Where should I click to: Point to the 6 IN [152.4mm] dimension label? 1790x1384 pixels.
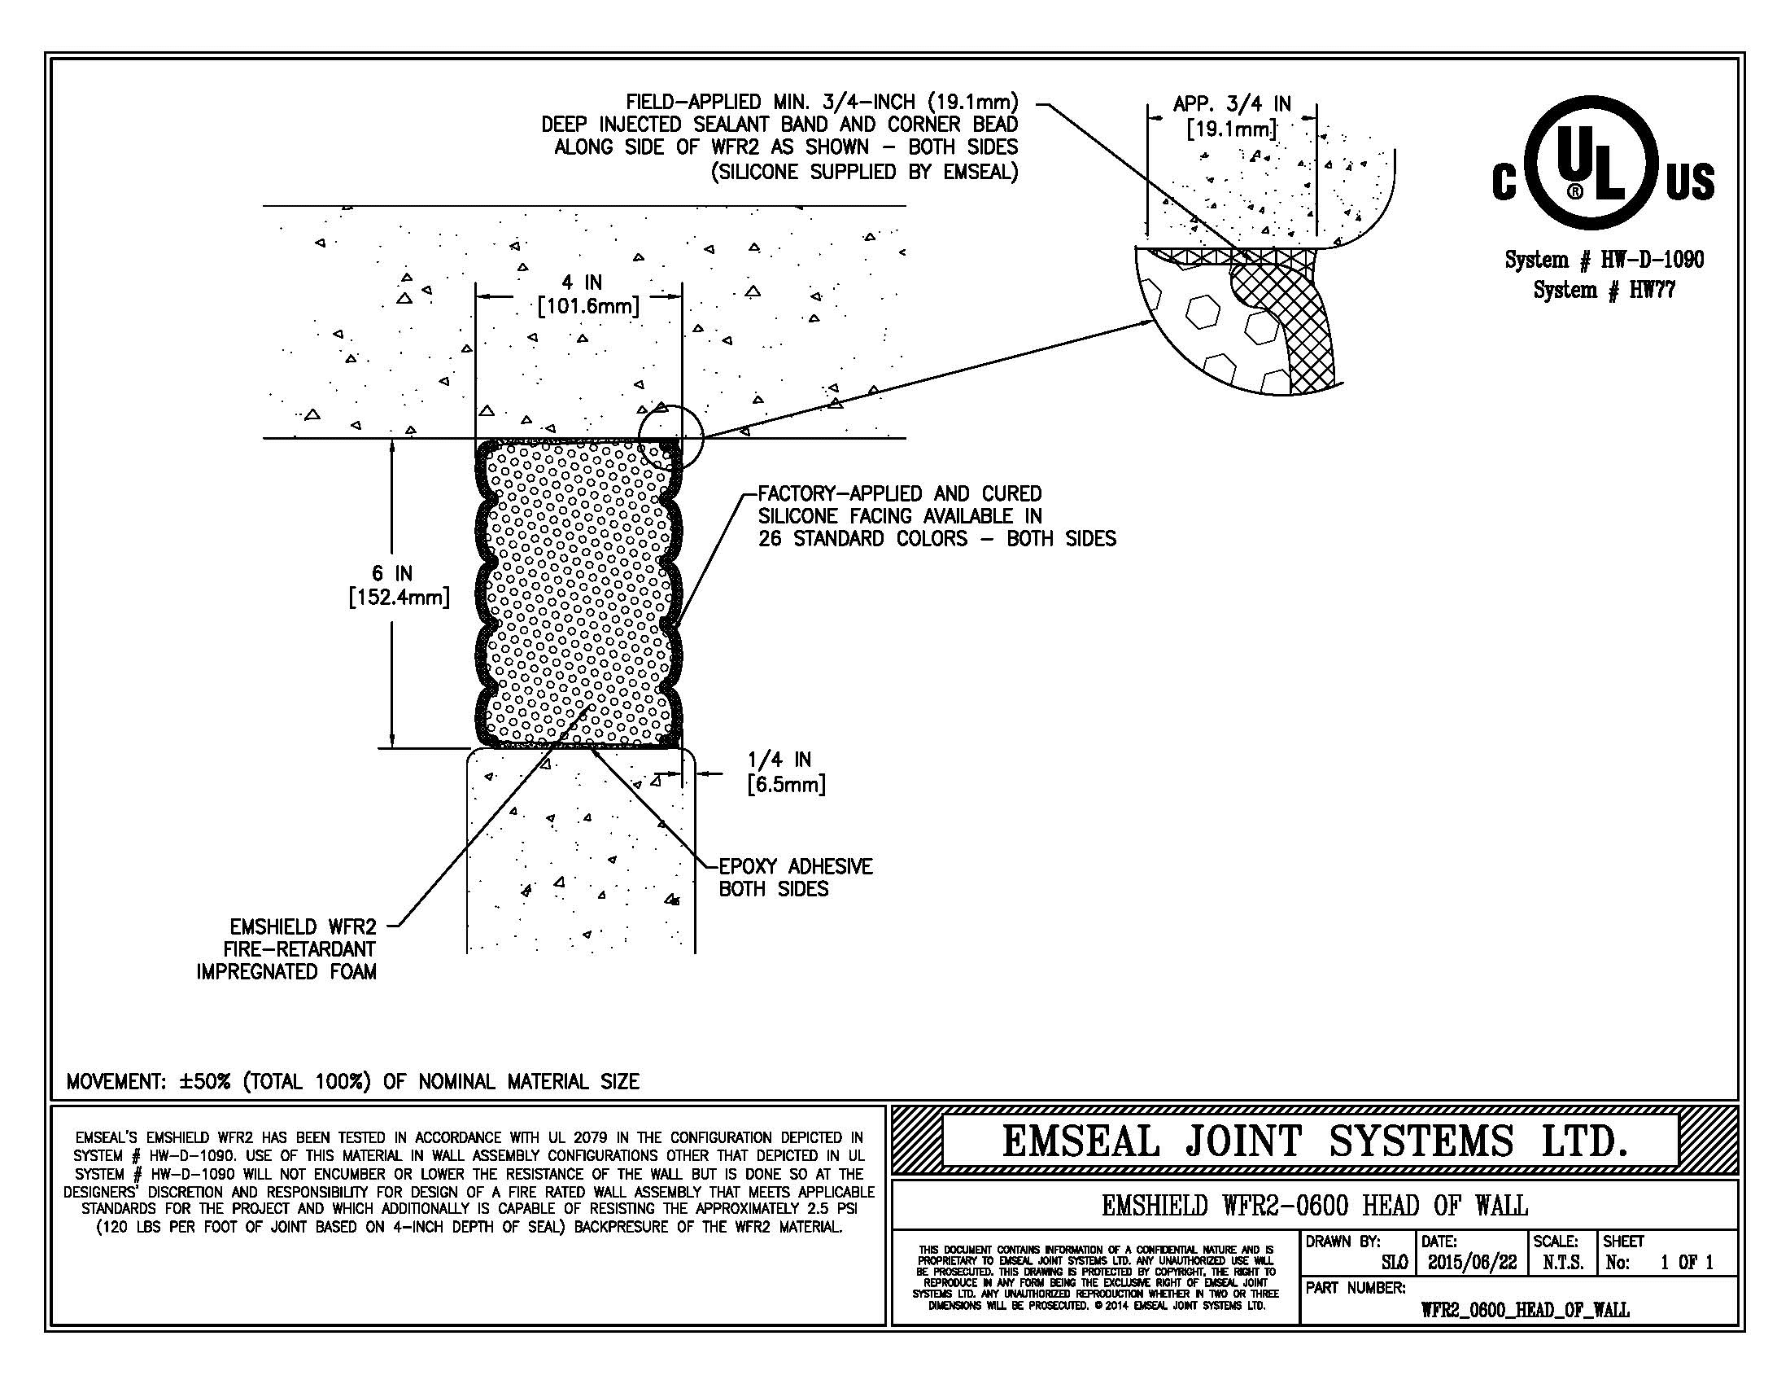(399, 585)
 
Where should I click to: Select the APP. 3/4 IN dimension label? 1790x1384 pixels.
(1232, 116)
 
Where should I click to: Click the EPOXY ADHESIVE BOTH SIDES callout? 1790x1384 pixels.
(794, 878)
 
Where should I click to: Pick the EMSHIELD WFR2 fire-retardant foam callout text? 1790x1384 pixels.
(288, 949)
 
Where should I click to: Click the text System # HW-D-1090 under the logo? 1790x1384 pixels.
(1603, 261)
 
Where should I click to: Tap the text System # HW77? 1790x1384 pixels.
(1603, 290)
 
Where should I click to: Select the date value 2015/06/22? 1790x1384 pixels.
(1472, 1263)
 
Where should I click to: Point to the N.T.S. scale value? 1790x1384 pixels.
(1563, 1263)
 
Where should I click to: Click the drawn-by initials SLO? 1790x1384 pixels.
(1394, 1263)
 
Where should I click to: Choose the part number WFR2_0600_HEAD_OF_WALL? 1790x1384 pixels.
(1525, 1309)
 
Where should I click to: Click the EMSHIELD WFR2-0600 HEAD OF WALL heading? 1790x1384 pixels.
(1314, 1205)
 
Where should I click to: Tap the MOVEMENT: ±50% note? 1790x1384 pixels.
(352, 1081)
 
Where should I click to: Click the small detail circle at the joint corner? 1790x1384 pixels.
(670, 436)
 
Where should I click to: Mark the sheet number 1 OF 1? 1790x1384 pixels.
(1686, 1263)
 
